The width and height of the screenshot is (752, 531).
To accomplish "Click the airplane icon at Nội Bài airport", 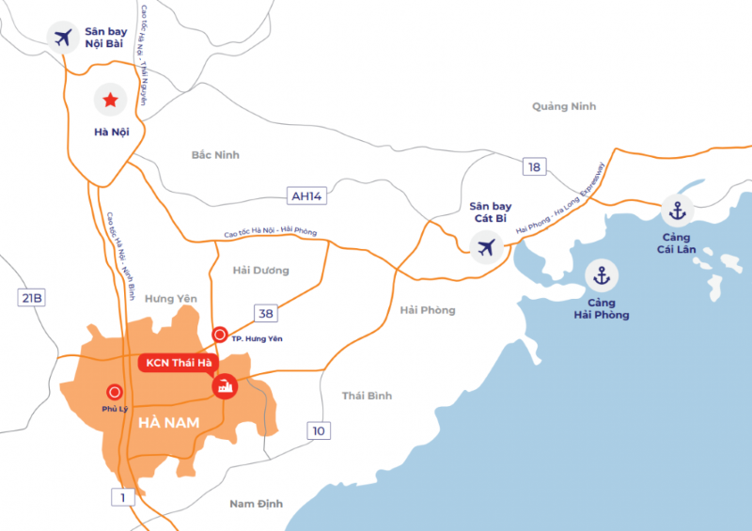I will tap(64, 39).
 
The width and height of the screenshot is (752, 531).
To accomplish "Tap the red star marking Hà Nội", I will tap(111, 99).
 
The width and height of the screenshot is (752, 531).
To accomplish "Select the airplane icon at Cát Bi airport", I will tap(486, 247).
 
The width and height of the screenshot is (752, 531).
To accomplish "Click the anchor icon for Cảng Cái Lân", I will tap(676, 211).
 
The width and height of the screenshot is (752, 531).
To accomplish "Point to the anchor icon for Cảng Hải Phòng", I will tap(602, 276).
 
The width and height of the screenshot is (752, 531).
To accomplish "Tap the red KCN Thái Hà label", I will tap(177, 363).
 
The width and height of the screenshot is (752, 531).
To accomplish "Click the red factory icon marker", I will tap(225, 385).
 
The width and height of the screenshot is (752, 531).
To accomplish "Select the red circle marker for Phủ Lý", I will tap(115, 392).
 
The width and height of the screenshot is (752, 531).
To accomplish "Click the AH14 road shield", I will tap(306, 195).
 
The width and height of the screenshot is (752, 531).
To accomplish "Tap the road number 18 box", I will tap(535, 166).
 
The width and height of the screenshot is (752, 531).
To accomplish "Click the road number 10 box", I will tap(319, 430).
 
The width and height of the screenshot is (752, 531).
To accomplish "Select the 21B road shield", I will tap(32, 298).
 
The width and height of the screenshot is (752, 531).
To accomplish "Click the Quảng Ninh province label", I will tap(564, 106).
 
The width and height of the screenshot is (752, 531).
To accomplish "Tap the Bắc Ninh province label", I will tap(215, 154).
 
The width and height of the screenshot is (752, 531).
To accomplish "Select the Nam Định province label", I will tap(257, 504).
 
